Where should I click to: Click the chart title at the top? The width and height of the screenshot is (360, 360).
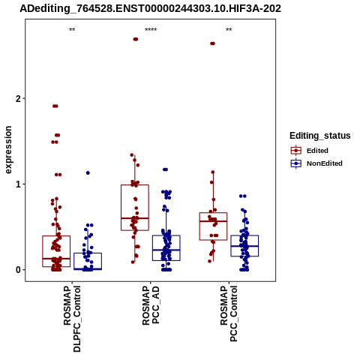[150, 9]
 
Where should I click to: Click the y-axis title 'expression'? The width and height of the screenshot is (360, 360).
[8, 150]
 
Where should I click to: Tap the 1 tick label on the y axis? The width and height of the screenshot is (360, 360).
[18, 184]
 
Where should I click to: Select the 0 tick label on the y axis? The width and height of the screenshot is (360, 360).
[18, 270]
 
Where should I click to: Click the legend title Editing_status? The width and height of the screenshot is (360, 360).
[320, 136]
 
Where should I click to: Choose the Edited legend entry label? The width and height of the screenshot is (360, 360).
[317, 151]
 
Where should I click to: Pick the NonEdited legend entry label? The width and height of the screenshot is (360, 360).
[325, 163]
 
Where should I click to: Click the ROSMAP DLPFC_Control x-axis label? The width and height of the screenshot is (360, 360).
[72, 319]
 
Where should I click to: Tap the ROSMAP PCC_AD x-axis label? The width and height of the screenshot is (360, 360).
[151, 305]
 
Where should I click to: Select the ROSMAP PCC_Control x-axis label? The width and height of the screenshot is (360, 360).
[229, 313]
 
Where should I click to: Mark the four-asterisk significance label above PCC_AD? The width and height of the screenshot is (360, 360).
[151, 30]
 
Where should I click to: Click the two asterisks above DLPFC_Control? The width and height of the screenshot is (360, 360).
[72, 30]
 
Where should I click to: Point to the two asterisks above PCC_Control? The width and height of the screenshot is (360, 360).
[229, 30]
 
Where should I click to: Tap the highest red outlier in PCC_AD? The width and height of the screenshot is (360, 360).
[136, 39]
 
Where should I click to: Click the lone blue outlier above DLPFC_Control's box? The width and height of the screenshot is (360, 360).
[88, 173]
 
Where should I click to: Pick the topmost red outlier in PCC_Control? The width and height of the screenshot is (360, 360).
[212, 43]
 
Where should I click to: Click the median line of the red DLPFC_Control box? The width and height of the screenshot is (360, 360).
[56, 259]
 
